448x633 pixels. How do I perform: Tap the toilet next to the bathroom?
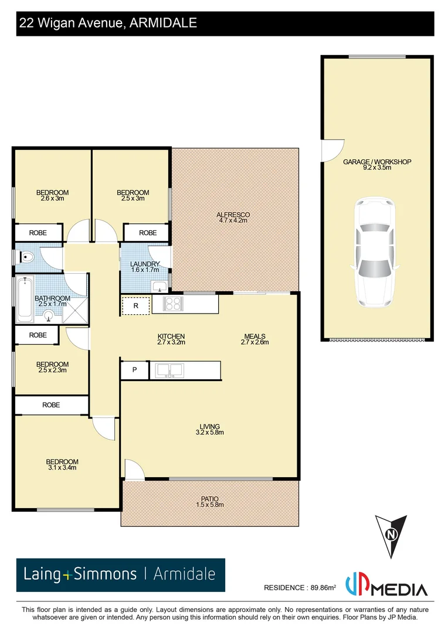(26, 257)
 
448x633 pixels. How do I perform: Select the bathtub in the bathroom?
(23, 299)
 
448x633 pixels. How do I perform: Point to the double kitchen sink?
(169, 370)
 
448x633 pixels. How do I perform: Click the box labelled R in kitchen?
(135, 305)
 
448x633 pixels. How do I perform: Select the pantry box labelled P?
(134, 370)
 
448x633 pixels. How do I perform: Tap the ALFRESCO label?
(233, 215)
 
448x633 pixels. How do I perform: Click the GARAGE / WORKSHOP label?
(377, 162)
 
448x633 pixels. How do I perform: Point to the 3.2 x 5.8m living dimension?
(209, 433)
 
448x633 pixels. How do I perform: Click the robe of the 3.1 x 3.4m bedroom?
(51, 404)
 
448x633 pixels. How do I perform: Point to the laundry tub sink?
(158, 286)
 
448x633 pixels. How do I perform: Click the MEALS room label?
(256, 336)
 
